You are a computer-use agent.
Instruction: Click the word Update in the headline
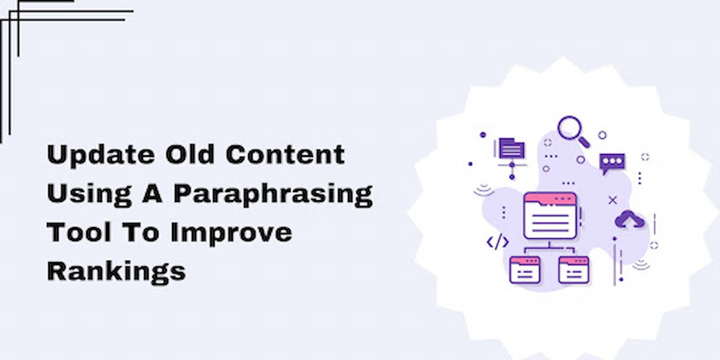point(100,155)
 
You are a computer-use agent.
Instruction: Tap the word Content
point(285,154)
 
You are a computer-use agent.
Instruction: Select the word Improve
point(231,234)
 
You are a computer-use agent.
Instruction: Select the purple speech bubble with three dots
point(612,163)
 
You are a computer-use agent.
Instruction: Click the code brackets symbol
point(498,242)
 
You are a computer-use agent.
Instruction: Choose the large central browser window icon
point(550,216)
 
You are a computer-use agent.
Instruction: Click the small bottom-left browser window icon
point(525,270)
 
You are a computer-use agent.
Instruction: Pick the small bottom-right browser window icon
point(573,270)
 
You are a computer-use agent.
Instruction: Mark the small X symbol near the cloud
point(612,200)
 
